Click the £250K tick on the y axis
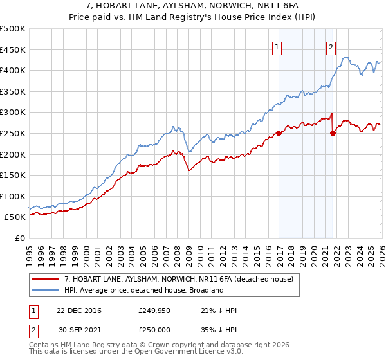[x=13, y=133]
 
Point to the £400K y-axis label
[x=13, y=71]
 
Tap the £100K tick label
[x=13, y=196]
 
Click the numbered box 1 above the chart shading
[x=277, y=46]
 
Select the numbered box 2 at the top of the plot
[x=331, y=46]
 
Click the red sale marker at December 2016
[x=279, y=133]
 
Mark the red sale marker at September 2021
[x=333, y=133]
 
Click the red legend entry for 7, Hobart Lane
[x=179, y=279]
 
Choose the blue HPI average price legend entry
[x=143, y=290]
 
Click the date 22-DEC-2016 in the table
[x=78, y=310]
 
